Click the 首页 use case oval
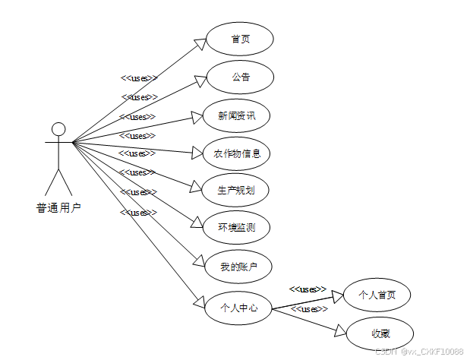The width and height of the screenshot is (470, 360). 239,39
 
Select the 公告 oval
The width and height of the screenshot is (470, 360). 239,77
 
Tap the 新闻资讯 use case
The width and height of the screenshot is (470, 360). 237,115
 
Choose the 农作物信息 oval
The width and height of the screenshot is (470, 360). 237,153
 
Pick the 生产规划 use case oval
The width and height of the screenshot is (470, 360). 237,190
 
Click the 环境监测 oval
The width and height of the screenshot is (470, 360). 237,227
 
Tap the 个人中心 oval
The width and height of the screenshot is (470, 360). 238,308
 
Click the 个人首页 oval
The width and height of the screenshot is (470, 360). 377,295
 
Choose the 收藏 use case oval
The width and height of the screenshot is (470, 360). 380,333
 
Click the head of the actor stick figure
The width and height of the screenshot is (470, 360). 58,128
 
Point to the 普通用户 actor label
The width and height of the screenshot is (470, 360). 58,206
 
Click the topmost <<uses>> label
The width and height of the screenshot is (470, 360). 139,77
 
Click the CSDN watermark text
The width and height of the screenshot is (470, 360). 418,351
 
